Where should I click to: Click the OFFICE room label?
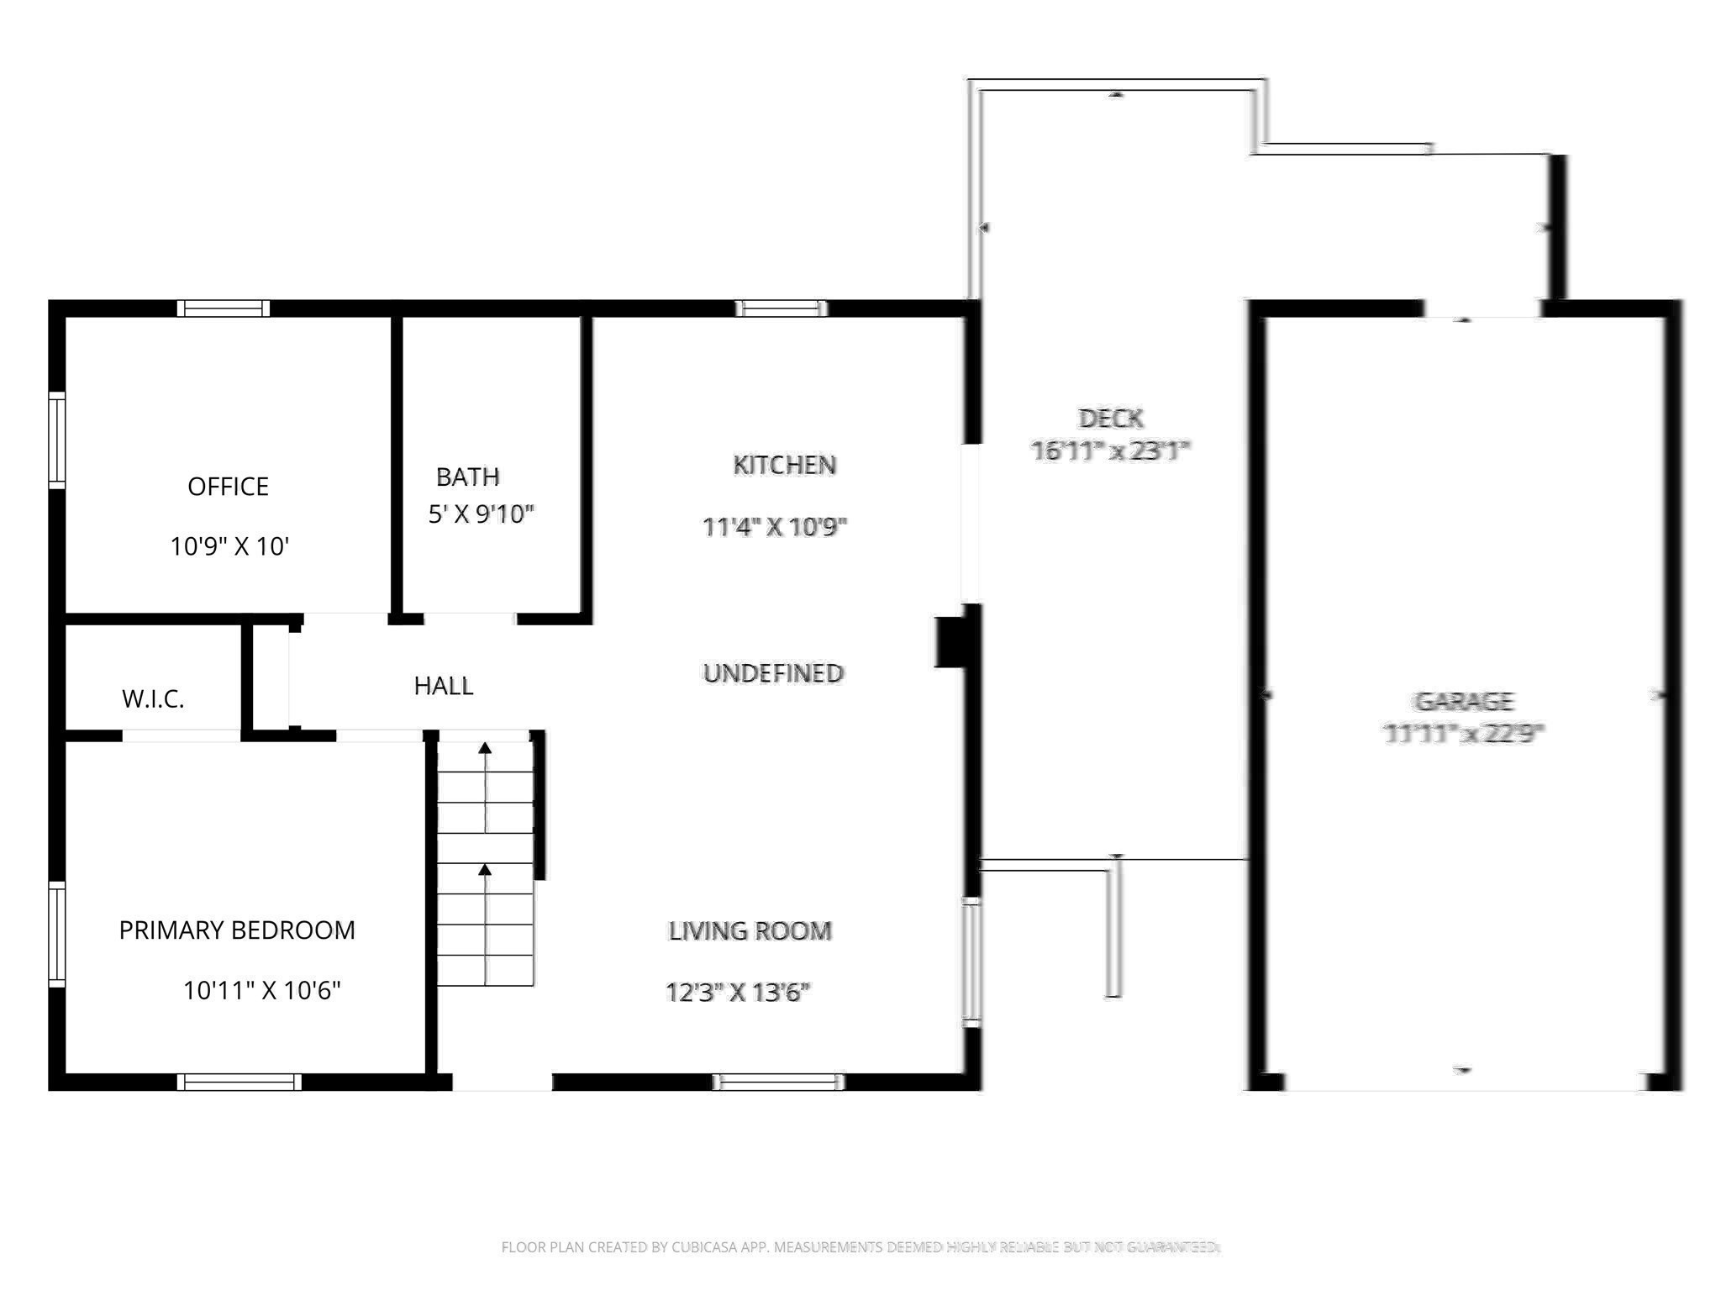point(228,487)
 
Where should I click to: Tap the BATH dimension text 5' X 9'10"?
point(481,514)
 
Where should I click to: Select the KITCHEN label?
point(784,465)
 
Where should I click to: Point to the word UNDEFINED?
point(773,673)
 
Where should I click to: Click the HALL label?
point(443,686)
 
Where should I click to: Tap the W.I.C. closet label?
point(153,699)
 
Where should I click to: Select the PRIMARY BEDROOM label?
point(237,930)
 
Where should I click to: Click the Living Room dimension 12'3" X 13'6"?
point(737,993)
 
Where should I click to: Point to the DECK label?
point(1110,418)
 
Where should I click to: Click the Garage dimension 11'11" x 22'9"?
point(1463,734)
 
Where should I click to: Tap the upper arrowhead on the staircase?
point(485,748)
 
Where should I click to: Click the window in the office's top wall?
point(224,308)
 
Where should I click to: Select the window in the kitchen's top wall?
point(782,308)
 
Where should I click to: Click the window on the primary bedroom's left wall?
point(57,933)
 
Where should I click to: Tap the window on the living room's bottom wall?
point(778,1083)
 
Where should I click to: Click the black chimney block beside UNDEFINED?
point(950,643)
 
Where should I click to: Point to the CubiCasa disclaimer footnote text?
point(860,1247)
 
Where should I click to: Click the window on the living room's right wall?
point(971,962)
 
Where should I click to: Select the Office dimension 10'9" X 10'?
point(229,547)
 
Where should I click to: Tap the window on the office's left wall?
point(57,440)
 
